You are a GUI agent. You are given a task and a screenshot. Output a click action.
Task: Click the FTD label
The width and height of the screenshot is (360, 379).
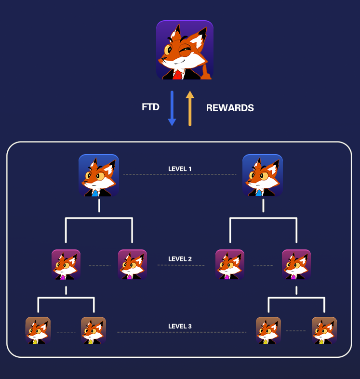point(150,107)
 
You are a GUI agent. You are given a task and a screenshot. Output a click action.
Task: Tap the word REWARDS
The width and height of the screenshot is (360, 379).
point(230,108)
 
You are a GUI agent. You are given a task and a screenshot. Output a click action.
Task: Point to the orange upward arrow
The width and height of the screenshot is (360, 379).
point(190,108)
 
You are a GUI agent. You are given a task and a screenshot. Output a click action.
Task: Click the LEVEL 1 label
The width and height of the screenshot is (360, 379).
point(180,169)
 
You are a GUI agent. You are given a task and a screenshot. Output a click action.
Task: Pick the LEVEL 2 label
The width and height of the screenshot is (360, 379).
point(180,259)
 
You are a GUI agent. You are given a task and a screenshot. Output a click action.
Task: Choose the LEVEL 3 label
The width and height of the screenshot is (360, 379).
point(180,327)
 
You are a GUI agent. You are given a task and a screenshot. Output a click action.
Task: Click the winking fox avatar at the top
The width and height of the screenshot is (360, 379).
point(185,50)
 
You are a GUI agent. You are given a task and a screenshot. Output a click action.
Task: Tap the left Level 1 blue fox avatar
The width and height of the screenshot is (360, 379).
point(99,175)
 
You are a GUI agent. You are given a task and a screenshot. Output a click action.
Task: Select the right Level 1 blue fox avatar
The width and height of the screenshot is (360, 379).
point(263,175)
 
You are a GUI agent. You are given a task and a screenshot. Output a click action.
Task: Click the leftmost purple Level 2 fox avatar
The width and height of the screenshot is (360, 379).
point(66,264)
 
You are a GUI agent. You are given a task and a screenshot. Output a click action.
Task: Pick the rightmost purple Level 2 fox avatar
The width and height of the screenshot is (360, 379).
point(296,264)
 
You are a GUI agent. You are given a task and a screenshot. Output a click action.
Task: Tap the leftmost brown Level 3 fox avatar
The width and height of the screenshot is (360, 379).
point(38,330)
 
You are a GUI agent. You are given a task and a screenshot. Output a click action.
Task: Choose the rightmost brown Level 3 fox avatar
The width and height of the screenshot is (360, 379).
point(324,330)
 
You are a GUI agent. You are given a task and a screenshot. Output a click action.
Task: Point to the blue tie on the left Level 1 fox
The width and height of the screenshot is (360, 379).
point(95,193)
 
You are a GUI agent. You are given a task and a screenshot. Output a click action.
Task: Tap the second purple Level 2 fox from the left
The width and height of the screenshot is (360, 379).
point(132,264)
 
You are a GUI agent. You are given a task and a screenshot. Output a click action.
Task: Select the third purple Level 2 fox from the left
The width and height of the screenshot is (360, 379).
point(230,264)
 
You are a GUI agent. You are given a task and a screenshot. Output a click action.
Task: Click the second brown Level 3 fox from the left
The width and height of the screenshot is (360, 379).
point(93,330)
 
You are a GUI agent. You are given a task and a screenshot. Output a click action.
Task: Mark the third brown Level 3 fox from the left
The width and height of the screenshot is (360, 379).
point(268,330)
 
